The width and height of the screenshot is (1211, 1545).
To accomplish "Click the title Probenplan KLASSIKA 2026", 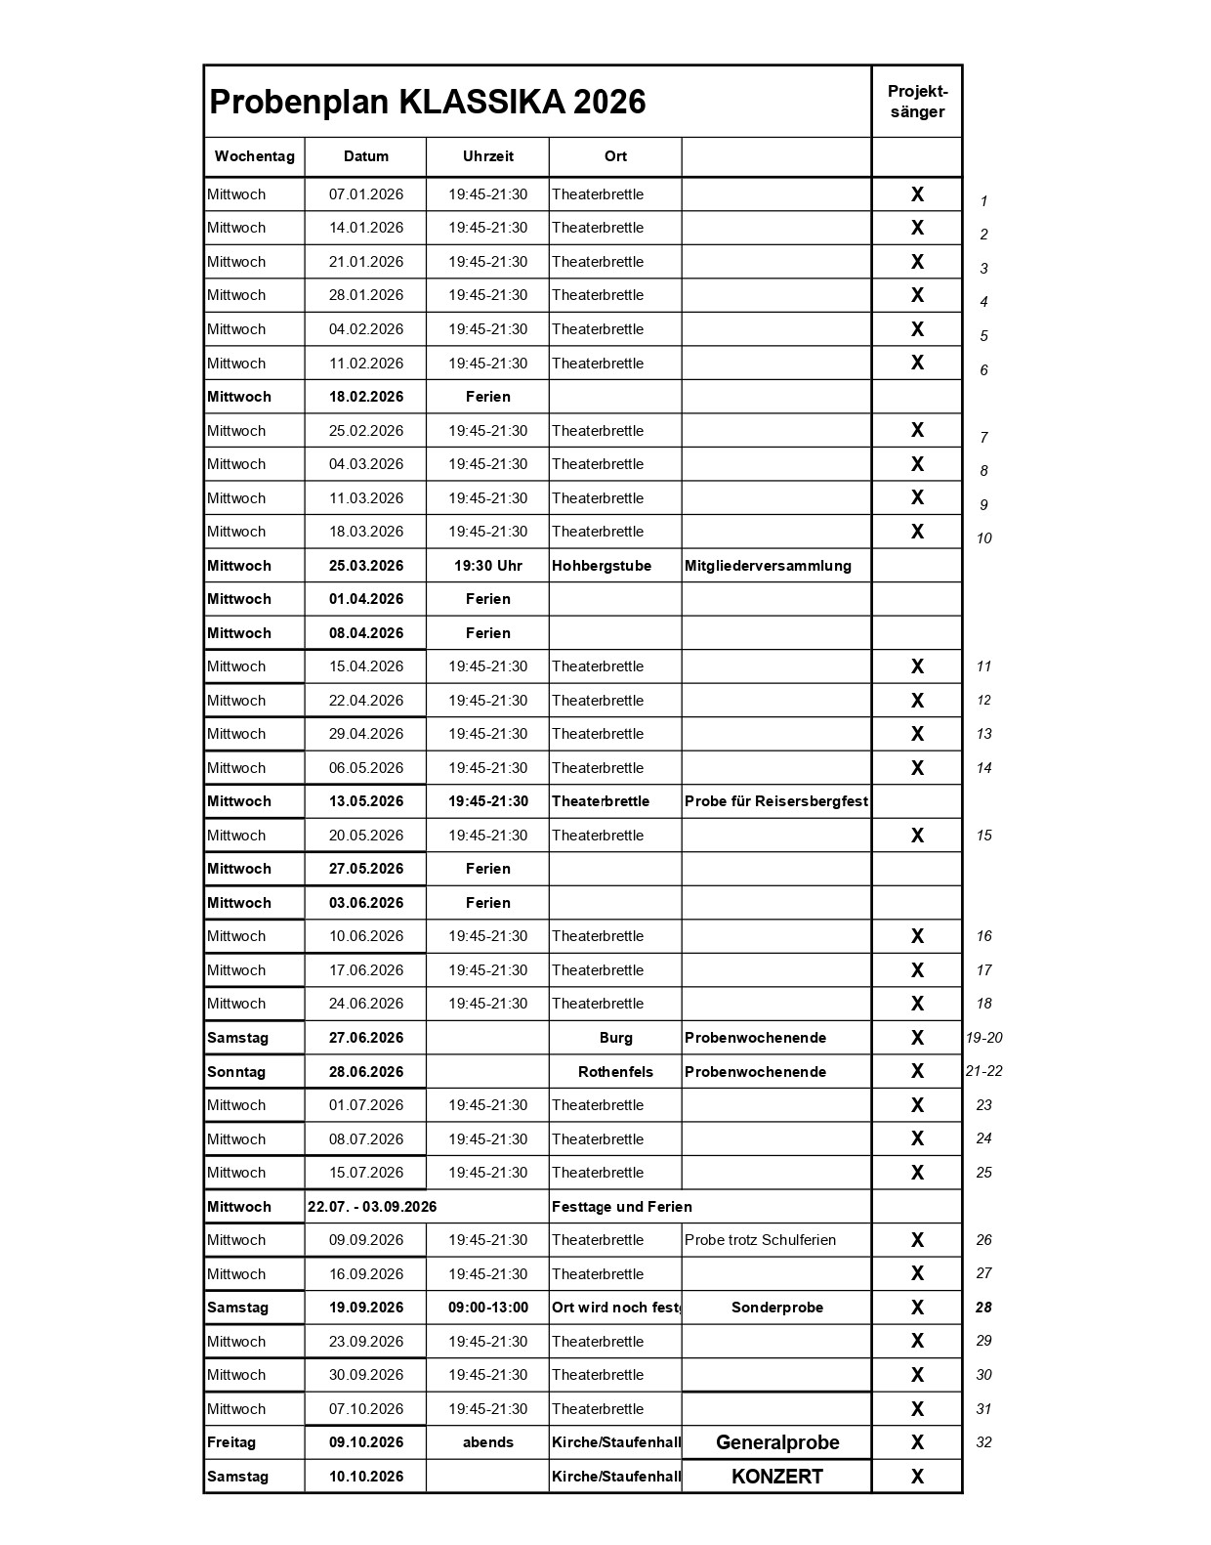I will click(x=428, y=103).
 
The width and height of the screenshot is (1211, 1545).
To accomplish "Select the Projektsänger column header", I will click(x=917, y=102).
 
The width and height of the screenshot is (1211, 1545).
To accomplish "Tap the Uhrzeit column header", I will click(x=487, y=156).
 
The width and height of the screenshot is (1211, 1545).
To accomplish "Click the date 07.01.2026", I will click(x=366, y=194).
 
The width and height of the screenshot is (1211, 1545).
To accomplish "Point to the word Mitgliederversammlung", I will click(x=768, y=566).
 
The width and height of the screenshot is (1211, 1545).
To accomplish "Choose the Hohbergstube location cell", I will click(x=602, y=566).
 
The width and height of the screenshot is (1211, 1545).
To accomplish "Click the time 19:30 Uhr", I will click(x=487, y=566).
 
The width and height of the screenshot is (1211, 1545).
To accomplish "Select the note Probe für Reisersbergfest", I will click(x=776, y=801).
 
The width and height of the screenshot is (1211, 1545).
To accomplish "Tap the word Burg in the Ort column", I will click(x=615, y=1038).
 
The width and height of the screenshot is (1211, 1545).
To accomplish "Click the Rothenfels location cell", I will click(x=615, y=1072).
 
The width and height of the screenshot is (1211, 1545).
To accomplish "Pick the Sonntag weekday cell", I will click(x=236, y=1072).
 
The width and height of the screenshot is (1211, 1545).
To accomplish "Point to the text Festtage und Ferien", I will click(x=622, y=1207).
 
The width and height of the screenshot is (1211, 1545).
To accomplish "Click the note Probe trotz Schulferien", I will click(x=761, y=1240).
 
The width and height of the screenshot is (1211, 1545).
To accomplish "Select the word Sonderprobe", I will click(x=777, y=1308).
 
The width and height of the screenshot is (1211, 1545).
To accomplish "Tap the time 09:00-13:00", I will click(x=487, y=1308).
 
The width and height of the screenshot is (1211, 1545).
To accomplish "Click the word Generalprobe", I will click(x=777, y=1442).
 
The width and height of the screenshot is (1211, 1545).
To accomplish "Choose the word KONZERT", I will click(x=777, y=1477).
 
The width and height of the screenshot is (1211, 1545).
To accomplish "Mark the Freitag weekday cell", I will click(x=231, y=1442).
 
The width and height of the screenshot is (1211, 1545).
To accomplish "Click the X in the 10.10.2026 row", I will click(x=917, y=1477).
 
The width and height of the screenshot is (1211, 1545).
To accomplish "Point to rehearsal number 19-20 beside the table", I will click(x=983, y=1038).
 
